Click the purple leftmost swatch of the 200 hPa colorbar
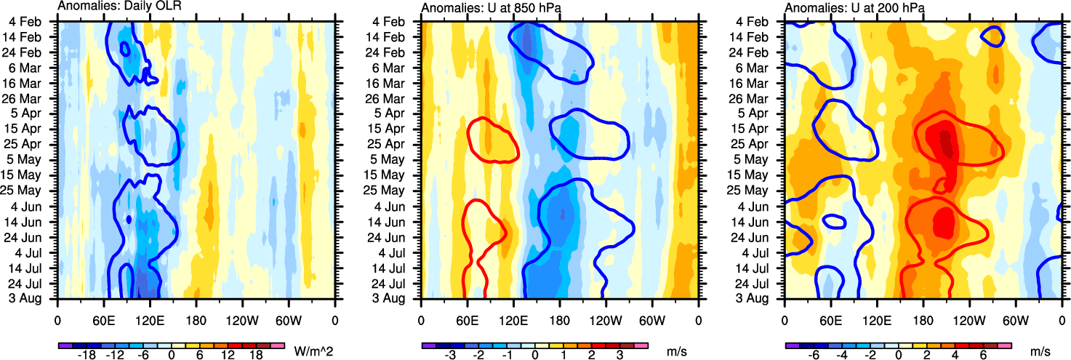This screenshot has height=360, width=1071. coord(792,344)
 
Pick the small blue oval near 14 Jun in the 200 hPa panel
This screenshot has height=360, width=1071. coord(832,220)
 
